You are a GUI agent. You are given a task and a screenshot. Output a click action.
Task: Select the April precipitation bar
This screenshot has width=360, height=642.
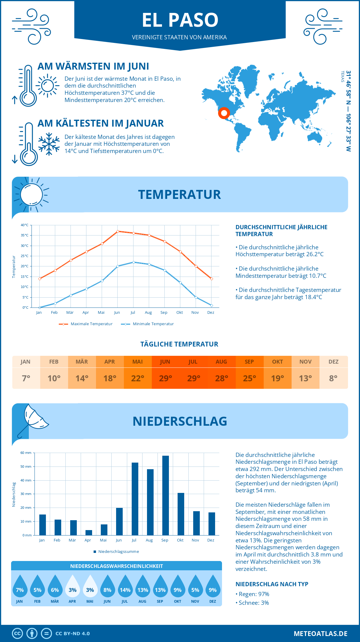89,532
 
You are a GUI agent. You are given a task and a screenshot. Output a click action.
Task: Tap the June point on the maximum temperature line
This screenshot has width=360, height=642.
118,231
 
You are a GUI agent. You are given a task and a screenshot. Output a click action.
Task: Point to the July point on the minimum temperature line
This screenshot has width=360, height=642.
133,262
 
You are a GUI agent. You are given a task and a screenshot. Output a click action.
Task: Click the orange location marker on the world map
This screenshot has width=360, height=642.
224,113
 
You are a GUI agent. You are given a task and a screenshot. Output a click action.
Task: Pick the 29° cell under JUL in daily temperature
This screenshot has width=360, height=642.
193,378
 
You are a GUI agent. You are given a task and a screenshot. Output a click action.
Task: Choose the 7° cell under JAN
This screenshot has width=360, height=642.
26,378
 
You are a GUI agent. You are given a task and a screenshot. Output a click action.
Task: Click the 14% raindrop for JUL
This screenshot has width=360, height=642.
125,587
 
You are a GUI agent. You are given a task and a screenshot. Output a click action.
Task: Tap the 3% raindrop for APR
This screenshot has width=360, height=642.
72,587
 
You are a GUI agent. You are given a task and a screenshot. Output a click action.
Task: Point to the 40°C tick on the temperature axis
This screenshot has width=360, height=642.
25,225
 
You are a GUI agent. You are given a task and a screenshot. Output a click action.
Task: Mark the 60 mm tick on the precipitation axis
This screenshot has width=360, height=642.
26,453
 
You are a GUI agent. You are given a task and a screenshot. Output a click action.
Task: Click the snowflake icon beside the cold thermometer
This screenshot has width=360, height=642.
49,144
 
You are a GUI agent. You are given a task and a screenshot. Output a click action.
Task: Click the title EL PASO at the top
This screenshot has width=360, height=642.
180,20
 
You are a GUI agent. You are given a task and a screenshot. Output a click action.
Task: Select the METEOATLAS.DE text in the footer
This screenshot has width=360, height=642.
320,634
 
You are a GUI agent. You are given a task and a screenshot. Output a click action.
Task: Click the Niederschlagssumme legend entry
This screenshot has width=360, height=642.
118,552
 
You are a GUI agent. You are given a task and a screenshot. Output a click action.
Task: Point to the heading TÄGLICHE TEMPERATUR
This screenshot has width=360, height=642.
179,344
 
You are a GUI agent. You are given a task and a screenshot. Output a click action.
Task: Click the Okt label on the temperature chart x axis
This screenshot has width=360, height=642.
179,313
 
